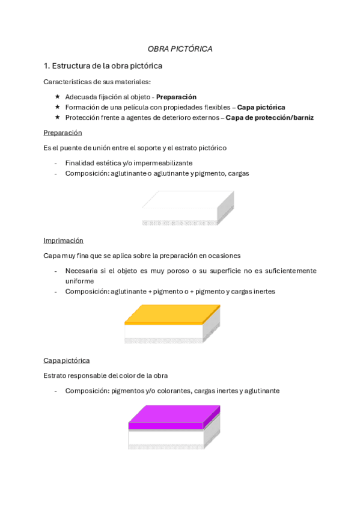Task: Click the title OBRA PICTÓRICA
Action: point(180,49)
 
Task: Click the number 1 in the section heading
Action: point(46,65)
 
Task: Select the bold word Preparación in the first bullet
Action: point(176,97)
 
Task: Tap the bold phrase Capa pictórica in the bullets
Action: point(261,107)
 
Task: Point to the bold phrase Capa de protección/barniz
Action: point(269,117)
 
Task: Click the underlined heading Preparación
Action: point(63,132)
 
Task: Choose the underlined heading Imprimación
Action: point(63,241)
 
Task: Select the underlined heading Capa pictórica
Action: point(66,360)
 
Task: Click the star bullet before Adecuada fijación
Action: point(57,97)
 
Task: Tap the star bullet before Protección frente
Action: point(57,117)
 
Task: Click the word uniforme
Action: point(79,281)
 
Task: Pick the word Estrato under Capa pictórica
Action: point(55,376)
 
